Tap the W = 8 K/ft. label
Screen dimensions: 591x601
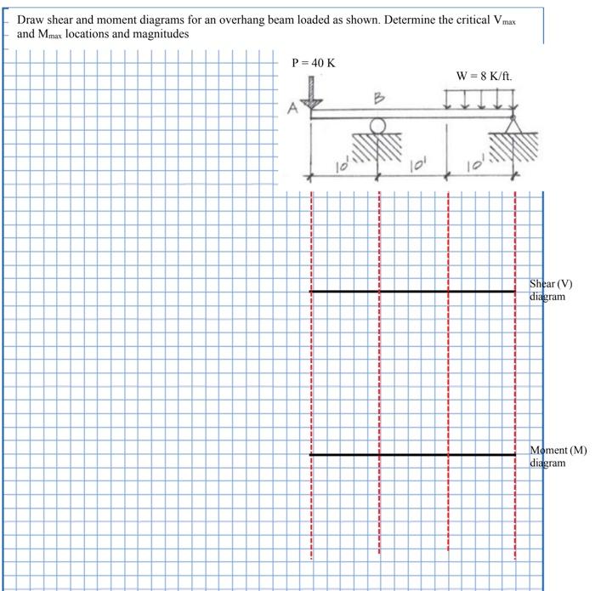tap(484, 75)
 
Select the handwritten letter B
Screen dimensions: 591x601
tap(379, 99)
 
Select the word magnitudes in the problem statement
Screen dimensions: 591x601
tap(162, 34)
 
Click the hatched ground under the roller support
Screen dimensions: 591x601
tap(377, 148)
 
